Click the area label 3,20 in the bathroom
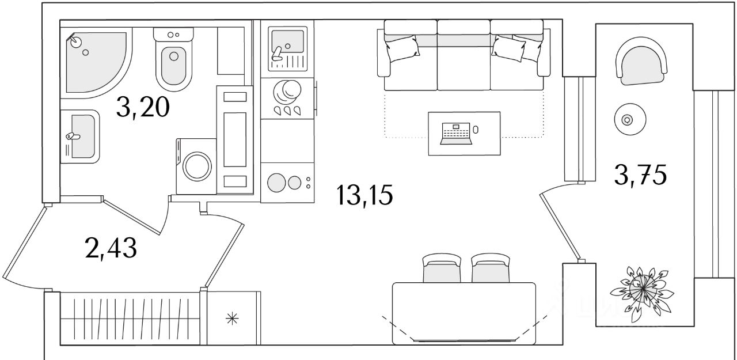143,107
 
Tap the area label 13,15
365,196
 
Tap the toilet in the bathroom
173,63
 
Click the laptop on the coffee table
456,133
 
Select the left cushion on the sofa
402,49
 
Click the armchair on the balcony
642,61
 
